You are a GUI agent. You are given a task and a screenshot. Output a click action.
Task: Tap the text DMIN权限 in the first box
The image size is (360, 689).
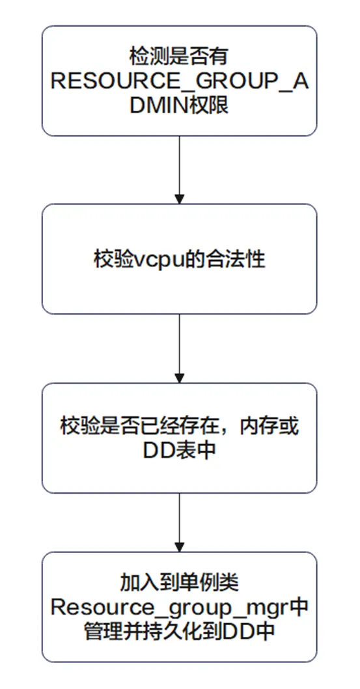180,105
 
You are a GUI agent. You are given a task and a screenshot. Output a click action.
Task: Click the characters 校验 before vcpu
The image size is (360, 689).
115,260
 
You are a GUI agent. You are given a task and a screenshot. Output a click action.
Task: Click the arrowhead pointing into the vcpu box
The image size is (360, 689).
180,199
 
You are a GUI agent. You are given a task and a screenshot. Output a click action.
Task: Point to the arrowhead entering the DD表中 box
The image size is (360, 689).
180,378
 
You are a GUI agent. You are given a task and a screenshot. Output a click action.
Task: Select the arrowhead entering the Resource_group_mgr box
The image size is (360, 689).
180,546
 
